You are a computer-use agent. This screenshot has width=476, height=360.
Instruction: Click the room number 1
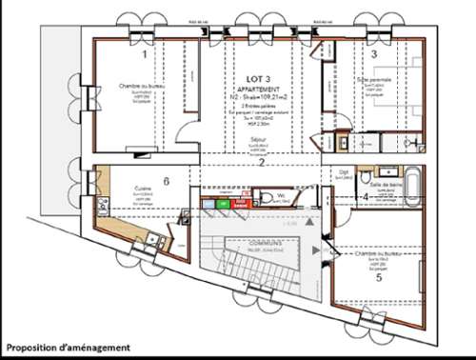tap(144, 55)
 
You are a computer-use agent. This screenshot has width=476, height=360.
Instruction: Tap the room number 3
tap(374, 55)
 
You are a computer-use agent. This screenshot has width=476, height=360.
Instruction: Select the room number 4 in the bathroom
tap(366, 197)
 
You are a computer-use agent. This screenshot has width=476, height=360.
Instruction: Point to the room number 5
tap(379, 279)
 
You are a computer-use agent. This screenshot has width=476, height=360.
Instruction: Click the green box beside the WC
tap(222, 203)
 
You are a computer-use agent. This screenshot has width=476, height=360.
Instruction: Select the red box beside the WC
tap(241, 203)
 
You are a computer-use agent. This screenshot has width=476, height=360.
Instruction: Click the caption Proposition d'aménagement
tap(68, 349)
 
